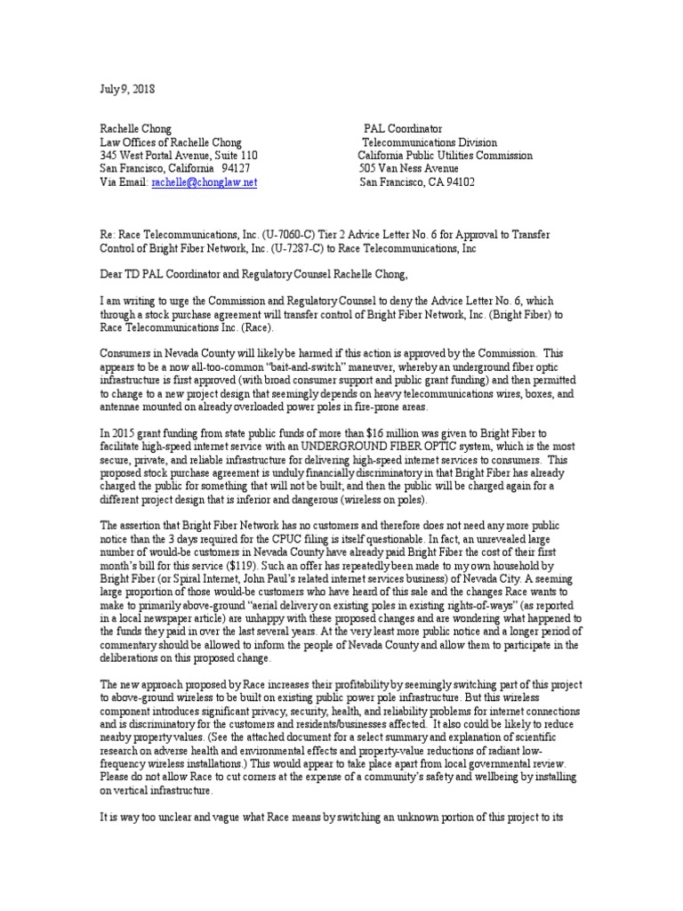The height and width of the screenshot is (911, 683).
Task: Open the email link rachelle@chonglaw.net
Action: click(204, 181)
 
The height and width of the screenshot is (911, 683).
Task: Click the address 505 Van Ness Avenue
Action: click(408, 168)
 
